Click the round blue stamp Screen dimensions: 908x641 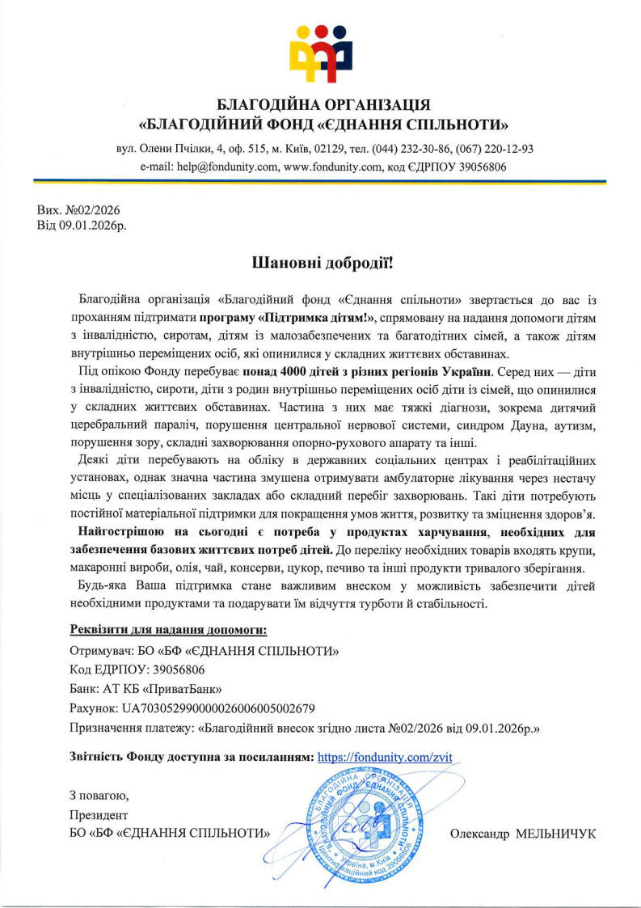coord(365,826)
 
